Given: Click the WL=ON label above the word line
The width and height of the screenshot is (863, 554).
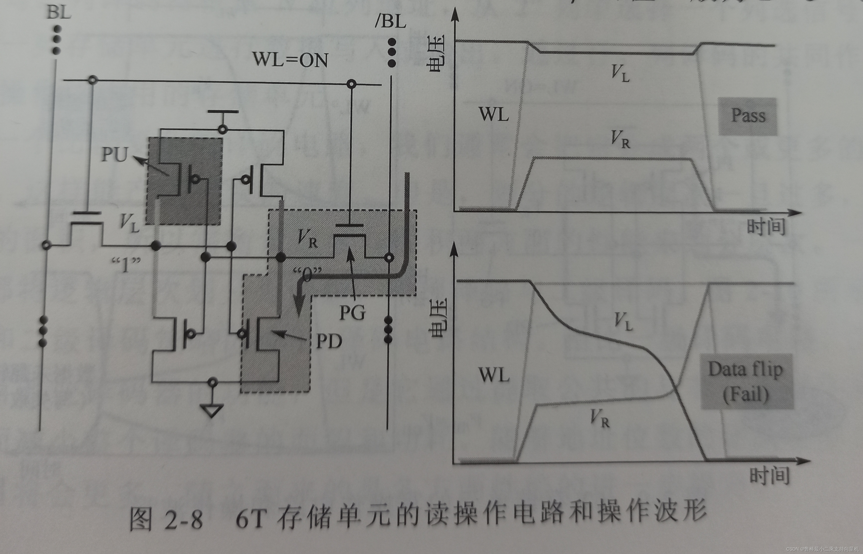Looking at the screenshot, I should coord(291,59).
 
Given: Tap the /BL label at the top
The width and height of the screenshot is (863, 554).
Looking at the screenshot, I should coord(390,22).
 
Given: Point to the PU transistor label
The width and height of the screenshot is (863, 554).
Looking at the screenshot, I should coord(115,155).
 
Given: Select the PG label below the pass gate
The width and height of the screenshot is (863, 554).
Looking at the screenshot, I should coord(352,312).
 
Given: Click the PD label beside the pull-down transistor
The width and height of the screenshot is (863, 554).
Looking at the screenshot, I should coord(329,341).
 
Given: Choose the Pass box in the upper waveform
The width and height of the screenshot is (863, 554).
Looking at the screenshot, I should coord(748,116).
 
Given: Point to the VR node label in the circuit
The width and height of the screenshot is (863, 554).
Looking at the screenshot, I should coord(308,238).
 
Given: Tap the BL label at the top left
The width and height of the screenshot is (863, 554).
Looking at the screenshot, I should coord(59,13).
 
